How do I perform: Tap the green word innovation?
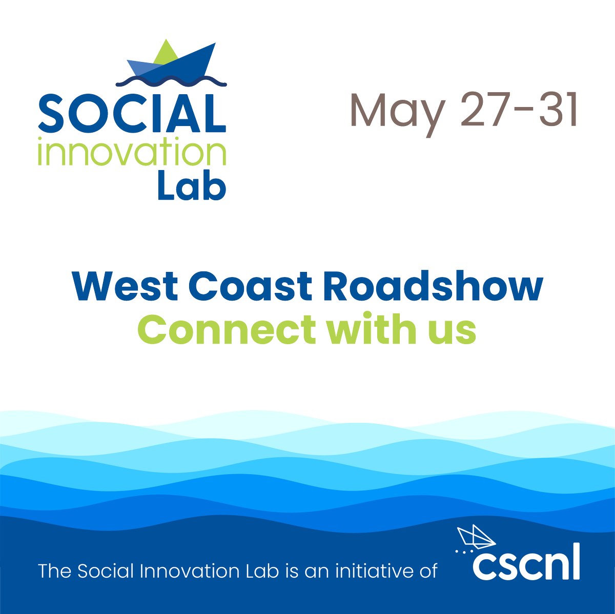tap(132, 153)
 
